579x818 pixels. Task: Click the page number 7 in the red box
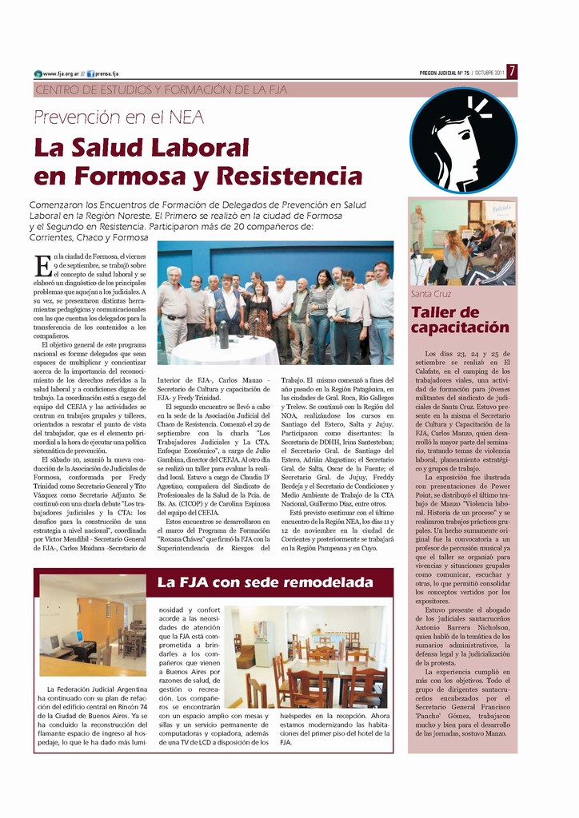(x=512, y=72)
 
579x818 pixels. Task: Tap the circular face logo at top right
(x=463, y=141)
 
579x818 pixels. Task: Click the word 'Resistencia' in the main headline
(x=289, y=175)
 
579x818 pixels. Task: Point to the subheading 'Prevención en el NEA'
(x=118, y=117)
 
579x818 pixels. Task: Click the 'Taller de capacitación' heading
(x=460, y=320)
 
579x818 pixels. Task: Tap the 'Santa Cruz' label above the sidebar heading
(x=431, y=294)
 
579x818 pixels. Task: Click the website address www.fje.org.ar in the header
(x=61, y=73)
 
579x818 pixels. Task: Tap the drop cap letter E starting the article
(x=42, y=264)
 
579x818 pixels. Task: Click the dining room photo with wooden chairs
(x=309, y=657)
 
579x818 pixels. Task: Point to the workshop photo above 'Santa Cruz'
(x=462, y=242)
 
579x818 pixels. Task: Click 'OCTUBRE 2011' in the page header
(x=489, y=73)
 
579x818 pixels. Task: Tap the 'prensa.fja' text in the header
(x=107, y=73)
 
